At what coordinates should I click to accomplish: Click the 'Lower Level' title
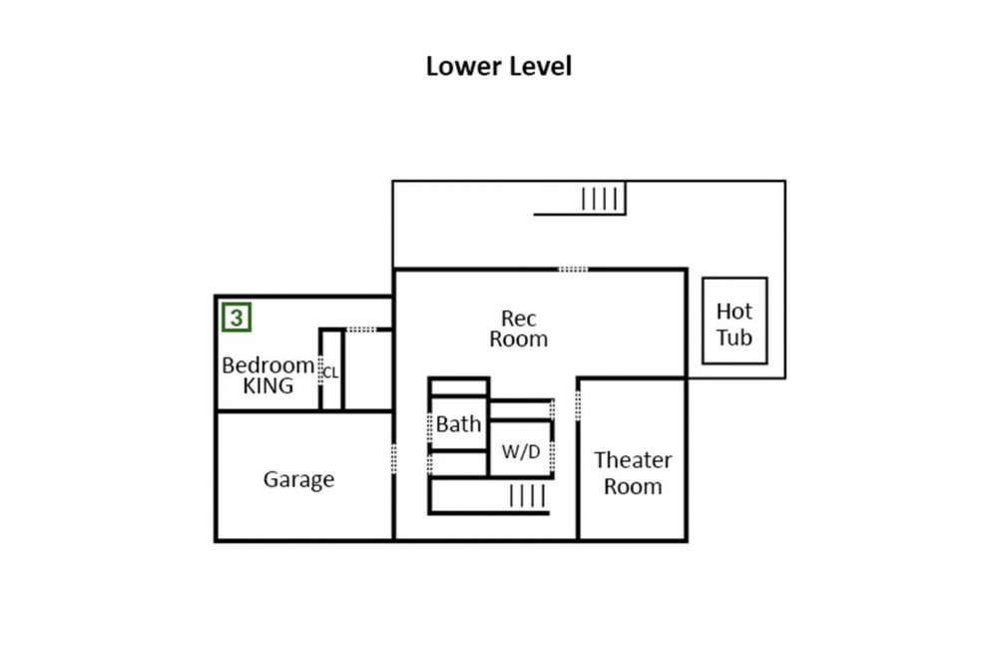click(498, 67)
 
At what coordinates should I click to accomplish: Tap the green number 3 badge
click(237, 319)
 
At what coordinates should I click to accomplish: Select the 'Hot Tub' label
click(735, 324)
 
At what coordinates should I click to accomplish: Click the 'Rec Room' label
click(518, 329)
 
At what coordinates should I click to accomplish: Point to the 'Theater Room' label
click(633, 473)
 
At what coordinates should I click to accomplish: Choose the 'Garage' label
click(298, 480)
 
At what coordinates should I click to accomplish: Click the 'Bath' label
click(458, 424)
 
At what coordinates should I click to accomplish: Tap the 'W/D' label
click(520, 451)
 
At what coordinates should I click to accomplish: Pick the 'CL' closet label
click(331, 372)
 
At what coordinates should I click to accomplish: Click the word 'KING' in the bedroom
click(268, 386)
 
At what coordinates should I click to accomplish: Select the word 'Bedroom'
click(267, 364)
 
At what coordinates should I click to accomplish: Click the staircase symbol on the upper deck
click(602, 199)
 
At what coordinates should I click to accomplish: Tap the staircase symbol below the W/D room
click(527, 495)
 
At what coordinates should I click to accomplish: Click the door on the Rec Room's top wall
click(573, 269)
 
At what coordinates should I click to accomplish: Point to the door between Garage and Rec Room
click(394, 458)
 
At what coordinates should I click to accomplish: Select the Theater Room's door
click(579, 403)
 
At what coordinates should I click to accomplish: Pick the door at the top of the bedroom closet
click(361, 329)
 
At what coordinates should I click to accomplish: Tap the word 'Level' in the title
click(539, 67)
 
